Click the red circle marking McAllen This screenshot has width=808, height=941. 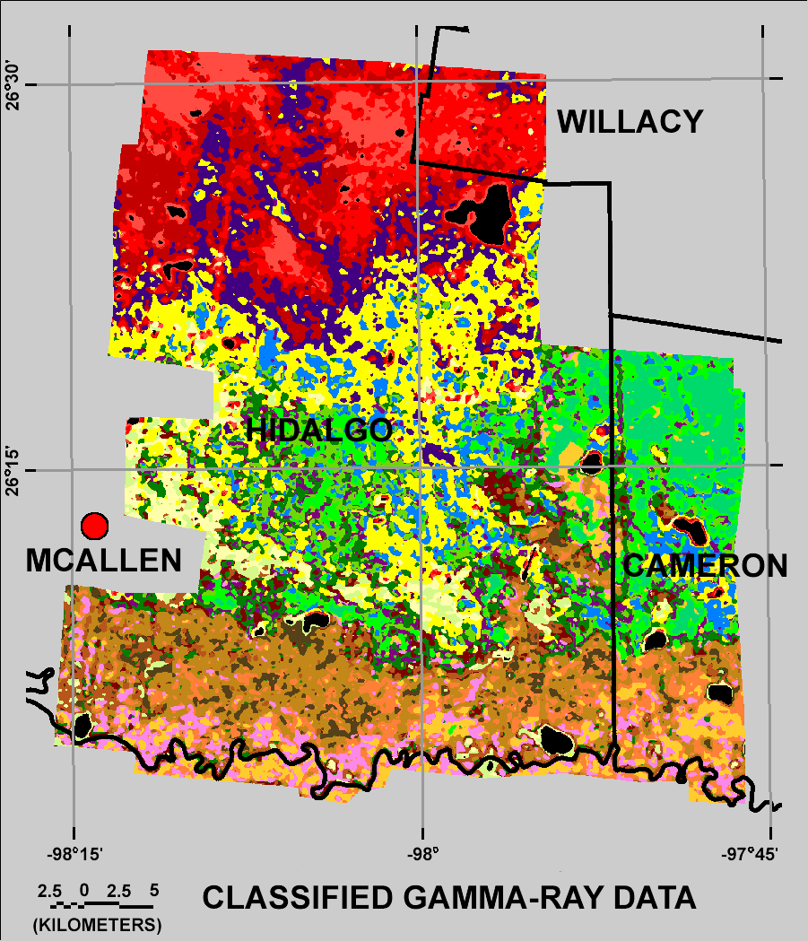[x=94, y=525]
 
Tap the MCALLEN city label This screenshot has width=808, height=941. [x=103, y=561]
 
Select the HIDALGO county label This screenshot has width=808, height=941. [x=319, y=430]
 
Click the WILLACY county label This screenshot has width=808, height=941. [x=630, y=121]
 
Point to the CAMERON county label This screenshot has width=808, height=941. [x=705, y=565]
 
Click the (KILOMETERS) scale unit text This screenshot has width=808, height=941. [x=96, y=924]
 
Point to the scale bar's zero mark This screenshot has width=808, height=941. [x=83, y=891]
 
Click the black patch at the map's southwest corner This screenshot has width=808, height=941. [x=82, y=726]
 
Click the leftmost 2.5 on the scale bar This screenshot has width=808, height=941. [x=49, y=891]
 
